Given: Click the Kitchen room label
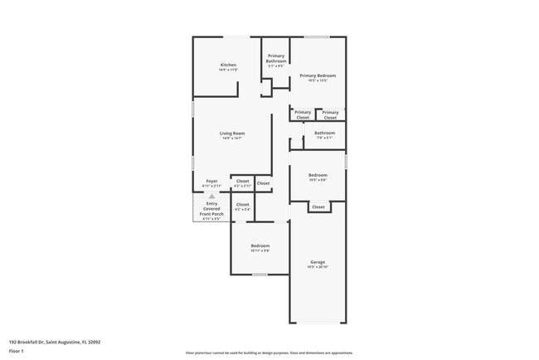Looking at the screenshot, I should coord(228,65).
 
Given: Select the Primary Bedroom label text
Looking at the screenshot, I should coord(318,75).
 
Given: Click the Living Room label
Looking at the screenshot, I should coord(232,133).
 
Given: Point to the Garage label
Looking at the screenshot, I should coord(318,261).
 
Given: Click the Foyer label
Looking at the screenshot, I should coord(211,180).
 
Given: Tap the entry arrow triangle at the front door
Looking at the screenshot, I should coord(211,196).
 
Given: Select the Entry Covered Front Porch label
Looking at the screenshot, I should coord(211,208).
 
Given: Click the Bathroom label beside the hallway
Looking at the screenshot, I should coord(324,133).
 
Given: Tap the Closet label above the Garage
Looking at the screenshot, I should coord(318,207).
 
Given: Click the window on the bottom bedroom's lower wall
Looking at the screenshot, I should coord(260,275).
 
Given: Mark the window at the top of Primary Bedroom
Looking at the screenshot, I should coord(317,36).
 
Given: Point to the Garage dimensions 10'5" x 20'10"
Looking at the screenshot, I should coord(318,267).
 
